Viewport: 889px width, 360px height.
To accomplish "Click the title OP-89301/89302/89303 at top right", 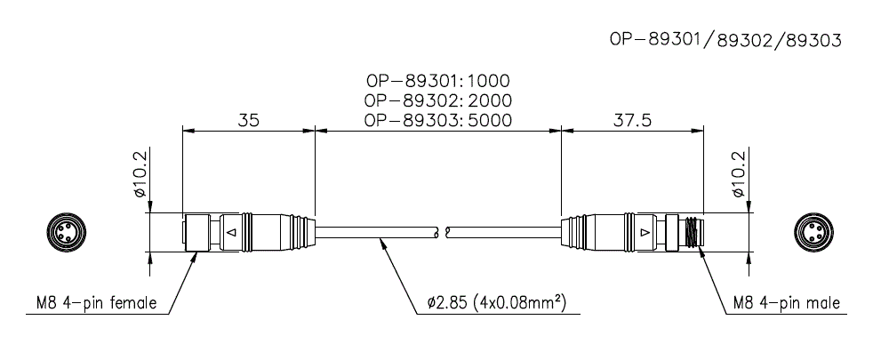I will point(725,40).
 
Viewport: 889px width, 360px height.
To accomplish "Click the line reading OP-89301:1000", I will point(437,82).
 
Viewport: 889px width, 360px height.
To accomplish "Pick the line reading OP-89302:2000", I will point(437,100).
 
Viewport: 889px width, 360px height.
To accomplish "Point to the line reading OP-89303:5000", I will point(437,120).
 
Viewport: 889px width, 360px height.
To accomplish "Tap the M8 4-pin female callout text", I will point(92,303).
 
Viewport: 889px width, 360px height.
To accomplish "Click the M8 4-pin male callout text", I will point(786,303).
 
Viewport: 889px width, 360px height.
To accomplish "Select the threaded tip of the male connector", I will point(693,233).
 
